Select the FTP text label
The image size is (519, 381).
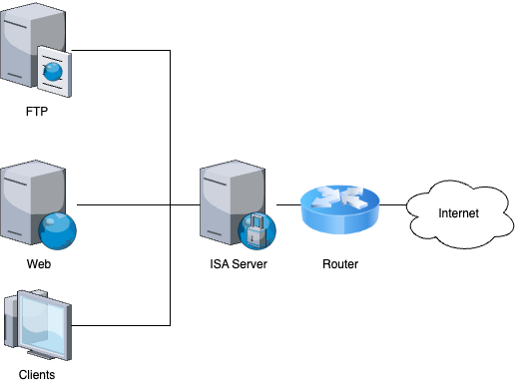pos(37,112)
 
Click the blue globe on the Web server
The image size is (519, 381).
pos(57,232)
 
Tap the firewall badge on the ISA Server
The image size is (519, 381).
pos(257,231)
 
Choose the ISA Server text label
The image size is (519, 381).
pos(238,264)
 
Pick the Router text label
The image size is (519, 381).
pos(341,264)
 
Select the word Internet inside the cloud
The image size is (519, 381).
pos(458,212)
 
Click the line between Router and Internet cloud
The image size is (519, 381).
pos(393,204)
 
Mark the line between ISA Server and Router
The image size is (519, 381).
pos(288,204)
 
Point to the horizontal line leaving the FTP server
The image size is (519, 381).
pos(120,51)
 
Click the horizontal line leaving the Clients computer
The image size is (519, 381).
pos(120,325)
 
